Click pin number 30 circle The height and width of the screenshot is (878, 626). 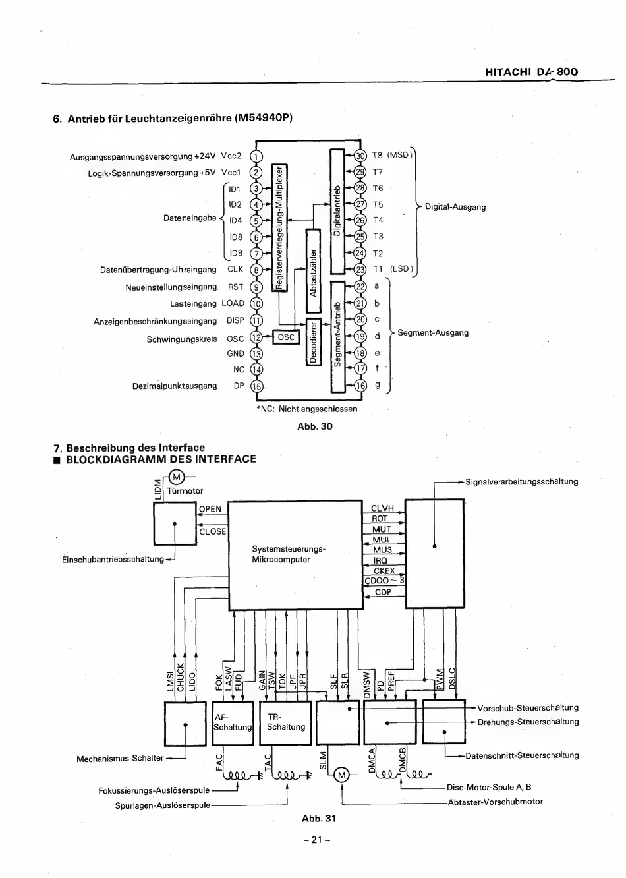coord(360,156)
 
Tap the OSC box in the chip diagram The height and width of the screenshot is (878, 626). coord(286,337)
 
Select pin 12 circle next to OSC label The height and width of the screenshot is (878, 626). coord(256,337)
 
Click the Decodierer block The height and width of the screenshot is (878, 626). coord(314,342)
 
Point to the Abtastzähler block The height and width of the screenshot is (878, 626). coord(313,271)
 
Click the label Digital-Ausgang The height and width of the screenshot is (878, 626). coord(455,207)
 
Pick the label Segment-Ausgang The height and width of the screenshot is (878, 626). coord(433,333)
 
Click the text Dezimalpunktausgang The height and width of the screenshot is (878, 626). coord(175,386)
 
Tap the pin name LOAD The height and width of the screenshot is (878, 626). coord(233,303)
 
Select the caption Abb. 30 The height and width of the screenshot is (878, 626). coord(315,426)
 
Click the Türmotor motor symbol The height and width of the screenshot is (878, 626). coord(177,477)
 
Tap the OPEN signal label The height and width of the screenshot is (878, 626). coord(210,509)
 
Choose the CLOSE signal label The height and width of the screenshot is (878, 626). coord(213,531)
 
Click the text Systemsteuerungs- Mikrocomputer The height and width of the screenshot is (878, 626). coord(289,554)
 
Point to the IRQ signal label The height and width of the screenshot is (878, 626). coord(380,561)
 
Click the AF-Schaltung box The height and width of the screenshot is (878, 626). coord(233,723)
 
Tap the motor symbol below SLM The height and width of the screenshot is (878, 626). coord(342,775)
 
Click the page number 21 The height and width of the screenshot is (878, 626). coord(317,840)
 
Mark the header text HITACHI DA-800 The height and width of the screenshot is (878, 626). coord(531,72)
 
